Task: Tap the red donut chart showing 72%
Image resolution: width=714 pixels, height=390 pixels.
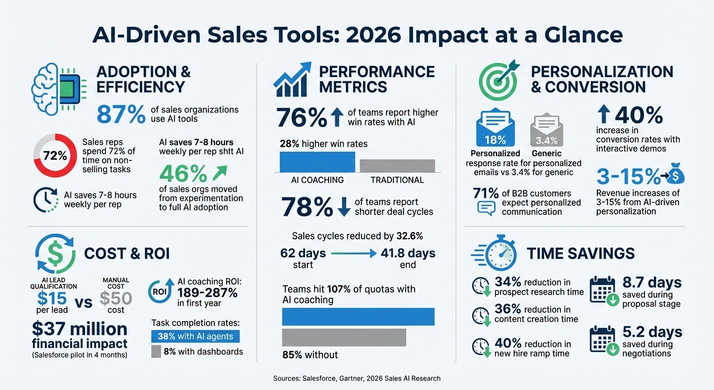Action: (x=55, y=156)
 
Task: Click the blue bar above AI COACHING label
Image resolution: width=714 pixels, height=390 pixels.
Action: (x=317, y=162)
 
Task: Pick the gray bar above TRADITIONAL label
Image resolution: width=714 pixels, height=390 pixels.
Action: (x=397, y=166)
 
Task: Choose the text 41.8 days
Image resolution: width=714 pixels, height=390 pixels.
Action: (x=407, y=253)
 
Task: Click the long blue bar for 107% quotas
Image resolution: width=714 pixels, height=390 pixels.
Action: (x=358, y=316)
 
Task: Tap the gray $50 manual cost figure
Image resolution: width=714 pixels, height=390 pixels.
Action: (x=116, y=298)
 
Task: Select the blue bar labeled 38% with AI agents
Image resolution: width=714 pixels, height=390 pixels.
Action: (x=195, y=336)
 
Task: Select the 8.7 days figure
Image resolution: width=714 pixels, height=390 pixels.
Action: (x=652, y=283)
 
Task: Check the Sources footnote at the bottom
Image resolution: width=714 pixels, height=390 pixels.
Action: (x=356, y=378)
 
